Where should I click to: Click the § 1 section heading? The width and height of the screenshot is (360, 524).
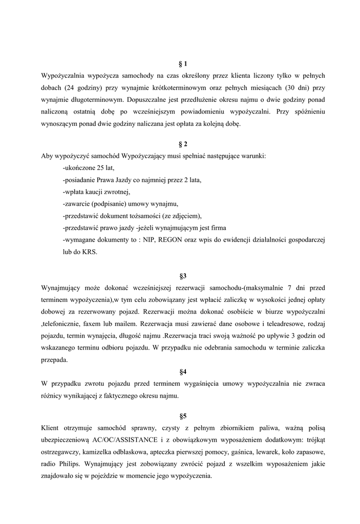tap(183, 63)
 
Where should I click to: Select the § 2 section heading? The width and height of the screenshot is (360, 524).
tap(183, 144)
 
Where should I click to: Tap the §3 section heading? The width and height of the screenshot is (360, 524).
tap(183, 276)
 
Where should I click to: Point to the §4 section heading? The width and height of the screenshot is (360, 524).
tap(183, 372)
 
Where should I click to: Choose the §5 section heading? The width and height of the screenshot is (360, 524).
tap(183, 416)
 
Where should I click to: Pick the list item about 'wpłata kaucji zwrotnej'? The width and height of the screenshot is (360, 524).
tap(97, 192)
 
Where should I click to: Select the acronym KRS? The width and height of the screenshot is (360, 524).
tap(89, 252)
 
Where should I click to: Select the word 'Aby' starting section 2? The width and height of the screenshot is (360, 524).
tap(47, 156)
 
